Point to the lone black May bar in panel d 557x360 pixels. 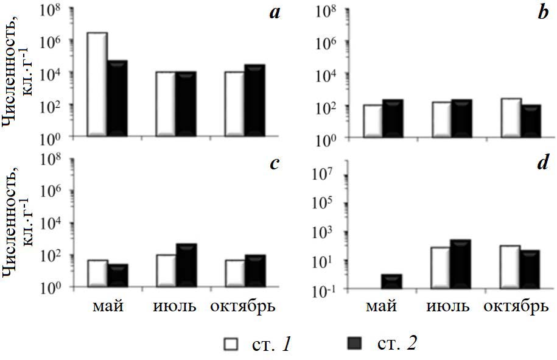pyautogui.click(x=391, y=282)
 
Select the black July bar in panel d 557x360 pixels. pyautogui.click(x=460, y=264)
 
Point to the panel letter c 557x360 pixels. pyautogui.click(x=275, y=163)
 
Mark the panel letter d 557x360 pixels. pyautogui.click(x=543, y=163)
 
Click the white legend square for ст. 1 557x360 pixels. pyautogui.click(x=231, y=344)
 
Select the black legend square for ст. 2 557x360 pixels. pyautogui.click(x=357, y=344)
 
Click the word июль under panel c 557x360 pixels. pyautogui.click(x=175, y=306)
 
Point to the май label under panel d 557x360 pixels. pyautogui.click(x=381, y=306)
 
